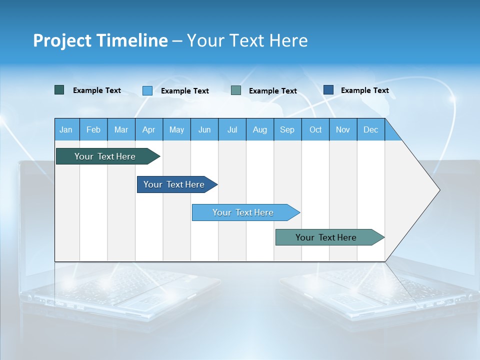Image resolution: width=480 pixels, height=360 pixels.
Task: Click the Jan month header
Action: click(x=66, y=129)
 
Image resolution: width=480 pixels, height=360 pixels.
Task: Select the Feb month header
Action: click(x=93, y=129)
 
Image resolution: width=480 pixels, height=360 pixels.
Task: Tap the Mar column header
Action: click(x=121, y=129)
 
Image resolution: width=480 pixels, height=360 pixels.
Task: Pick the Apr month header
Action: click(x=149, y=129)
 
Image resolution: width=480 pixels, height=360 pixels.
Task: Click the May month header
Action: click(x=176, y=129)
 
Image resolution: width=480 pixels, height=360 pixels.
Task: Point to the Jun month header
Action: click(x=204, y=129)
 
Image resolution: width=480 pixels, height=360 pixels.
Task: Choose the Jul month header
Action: click(x=232, y=129)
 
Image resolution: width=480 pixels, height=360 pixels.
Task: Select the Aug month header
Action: click(x=260, y=129)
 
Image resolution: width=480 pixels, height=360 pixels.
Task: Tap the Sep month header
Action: click(x=287, y=129)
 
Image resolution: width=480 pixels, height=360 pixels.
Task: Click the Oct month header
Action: click(x=315, y=129)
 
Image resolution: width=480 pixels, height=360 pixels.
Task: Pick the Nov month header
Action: click(x=343, y=129)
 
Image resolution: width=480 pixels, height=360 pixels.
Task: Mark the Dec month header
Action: click(x=371, y=129)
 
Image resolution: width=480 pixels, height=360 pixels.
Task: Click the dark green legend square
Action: click(x=59, y=90)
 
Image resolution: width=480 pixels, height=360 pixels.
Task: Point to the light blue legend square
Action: click(x=147, y=90)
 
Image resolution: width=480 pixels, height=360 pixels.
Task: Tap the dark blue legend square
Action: click(x=328, y=90)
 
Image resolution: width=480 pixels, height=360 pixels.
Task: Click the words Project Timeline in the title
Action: click(x=100, y=40)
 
